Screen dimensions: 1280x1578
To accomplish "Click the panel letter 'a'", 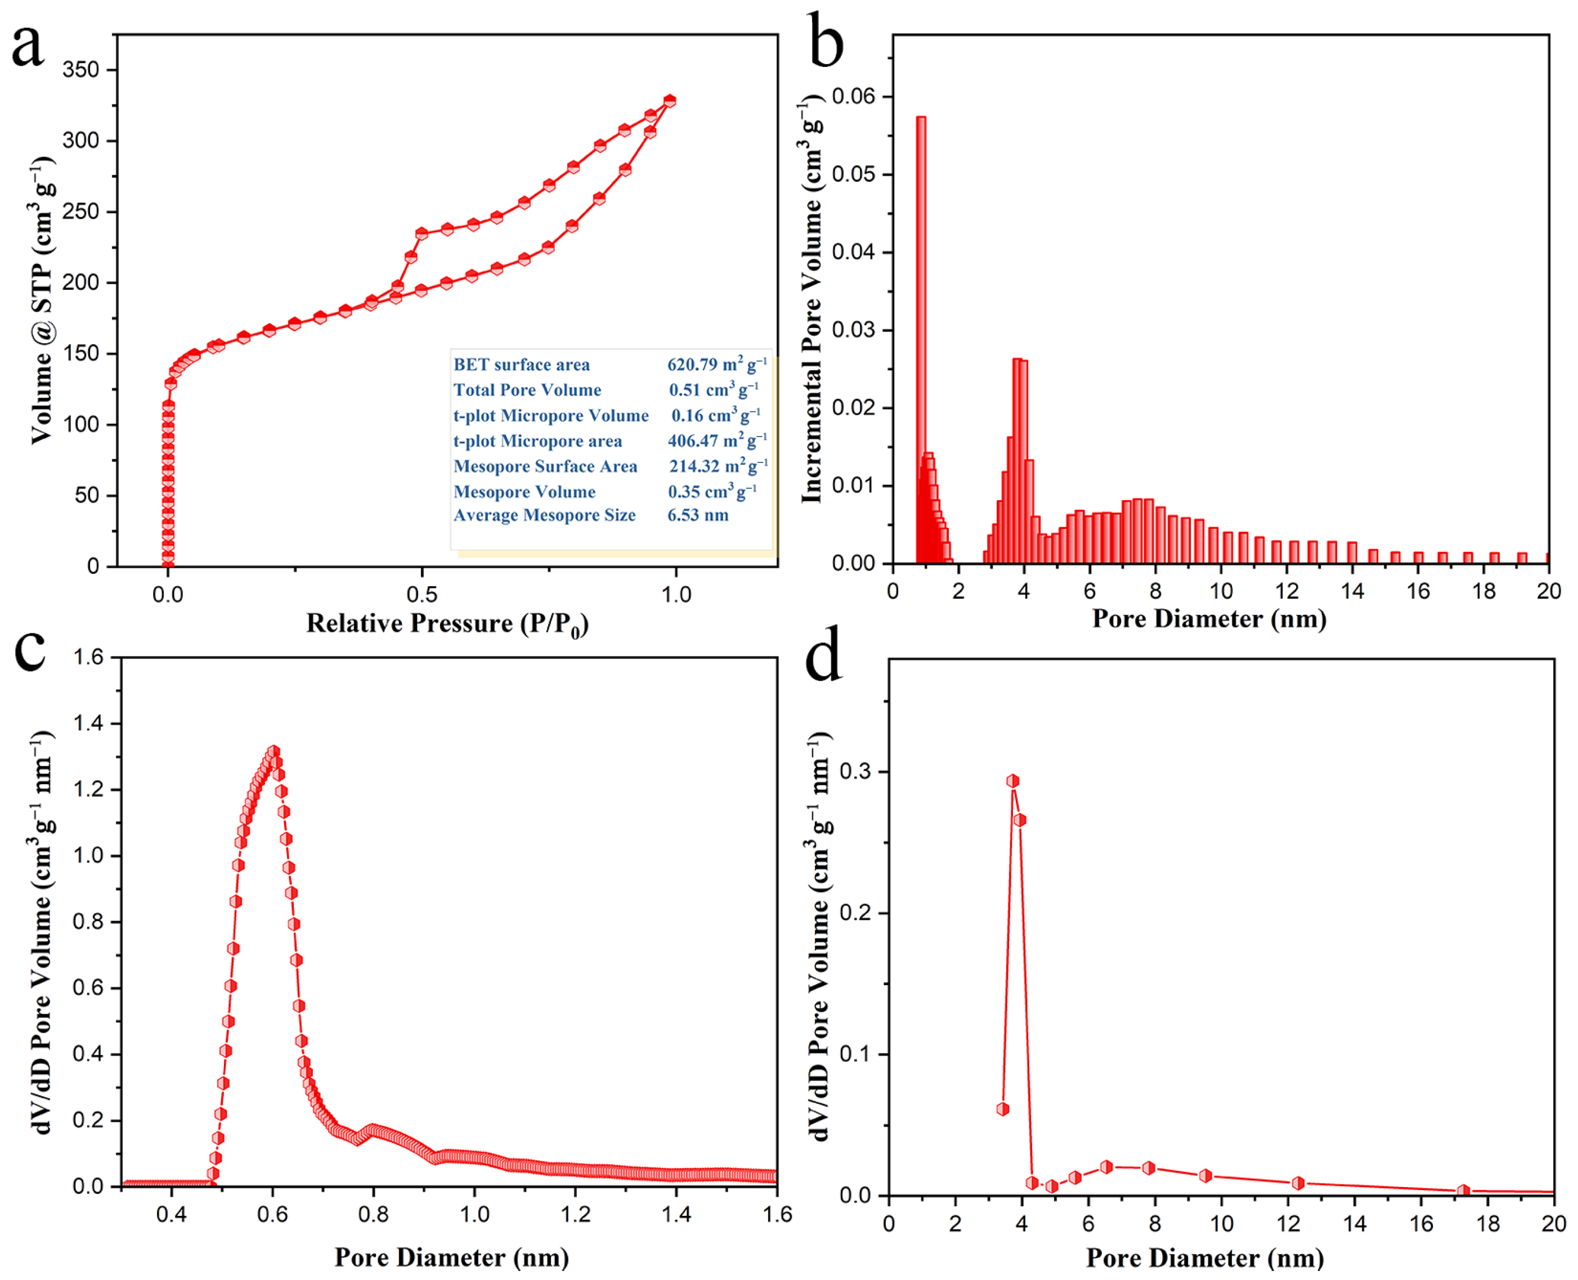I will (x=28, y=46).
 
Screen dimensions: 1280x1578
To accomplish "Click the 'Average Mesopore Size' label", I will (x=544, y=515).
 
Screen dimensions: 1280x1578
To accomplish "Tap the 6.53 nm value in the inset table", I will (x=698, y=515).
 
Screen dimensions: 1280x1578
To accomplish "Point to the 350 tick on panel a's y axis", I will (x=80, y=70).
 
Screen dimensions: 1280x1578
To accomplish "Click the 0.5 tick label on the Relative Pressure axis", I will (x=422, y=594).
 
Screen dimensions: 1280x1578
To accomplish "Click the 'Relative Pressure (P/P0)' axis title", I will (x=447, y=625).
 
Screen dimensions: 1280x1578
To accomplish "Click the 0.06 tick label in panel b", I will (x=853, y=97).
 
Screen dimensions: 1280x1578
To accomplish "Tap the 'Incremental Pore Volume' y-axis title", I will (x=811, y=299).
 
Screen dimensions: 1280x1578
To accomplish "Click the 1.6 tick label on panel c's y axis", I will (x=88, y=657).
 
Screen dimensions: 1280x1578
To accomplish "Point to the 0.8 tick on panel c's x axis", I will (x=373, y=1214).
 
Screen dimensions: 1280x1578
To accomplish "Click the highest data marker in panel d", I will (x=1013, y=781).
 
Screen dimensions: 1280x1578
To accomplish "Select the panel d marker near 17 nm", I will (x=1463, y=1191).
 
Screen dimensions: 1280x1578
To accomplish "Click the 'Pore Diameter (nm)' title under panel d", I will (x=1204, y=1258).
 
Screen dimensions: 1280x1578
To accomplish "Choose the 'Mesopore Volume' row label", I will (x=524, y=492).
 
